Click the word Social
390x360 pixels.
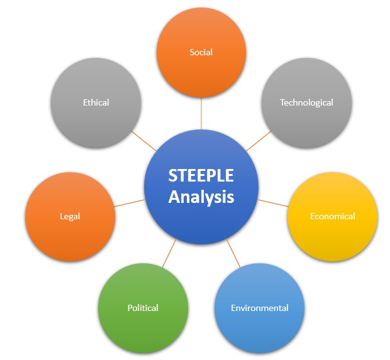coord(201,52)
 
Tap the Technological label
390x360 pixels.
coord(306,102)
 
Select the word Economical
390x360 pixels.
coord(332,216)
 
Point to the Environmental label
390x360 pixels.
coord(260,308)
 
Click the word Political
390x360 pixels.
coord(143,308)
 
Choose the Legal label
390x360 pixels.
coord(70,216)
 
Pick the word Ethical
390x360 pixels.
coord(96,102)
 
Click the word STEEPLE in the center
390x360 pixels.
coord(201,175)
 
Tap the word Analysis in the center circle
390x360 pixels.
coord(201,197)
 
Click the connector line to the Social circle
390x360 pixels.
coord(201,113)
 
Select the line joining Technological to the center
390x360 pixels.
coord(259,141)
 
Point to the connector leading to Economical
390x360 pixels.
coord(273,203)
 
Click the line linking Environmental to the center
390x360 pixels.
coord(233,253)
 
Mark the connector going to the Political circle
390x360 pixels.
coord(169,253)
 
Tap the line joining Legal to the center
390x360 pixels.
coord(130,203)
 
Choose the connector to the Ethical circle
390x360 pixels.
coord(143,141)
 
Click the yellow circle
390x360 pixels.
coord(332,217)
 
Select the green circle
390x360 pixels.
coord(143,308)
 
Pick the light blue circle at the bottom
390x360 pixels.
coord(259,308)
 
